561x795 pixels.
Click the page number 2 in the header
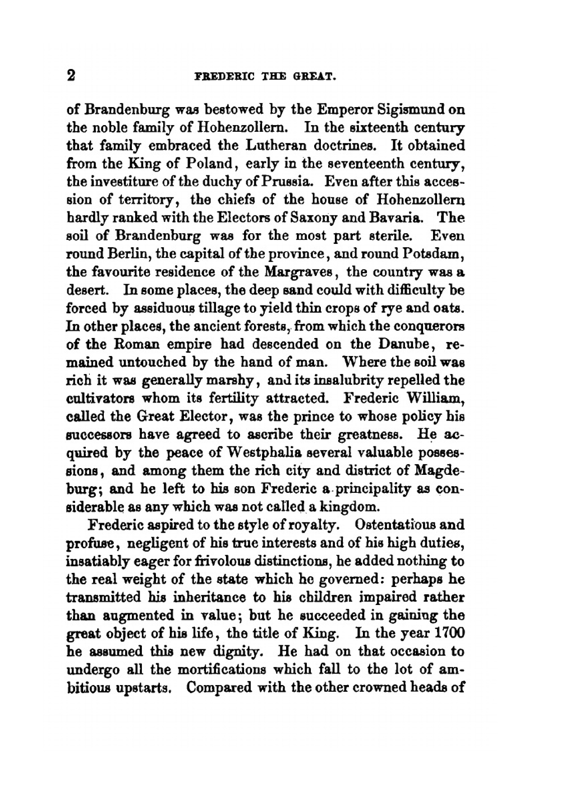(71, 76)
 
